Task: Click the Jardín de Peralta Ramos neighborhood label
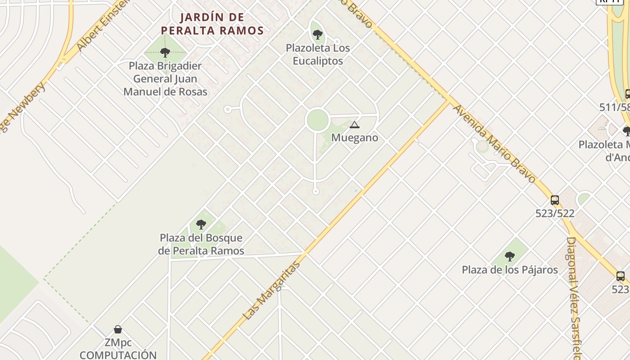click(212, 24)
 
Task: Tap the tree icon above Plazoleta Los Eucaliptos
click(317, 34)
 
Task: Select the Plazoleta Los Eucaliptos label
click(318, 54)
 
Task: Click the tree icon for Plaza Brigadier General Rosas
click(165, 52)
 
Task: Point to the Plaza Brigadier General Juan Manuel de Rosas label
click(165, 79)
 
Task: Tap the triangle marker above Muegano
click(355, 125)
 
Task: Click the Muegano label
click(355, 138)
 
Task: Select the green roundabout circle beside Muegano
click(317, 120)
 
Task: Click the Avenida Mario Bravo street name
click(494, 144)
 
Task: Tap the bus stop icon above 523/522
click(555, 200)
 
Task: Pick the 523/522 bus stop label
click(555, 213)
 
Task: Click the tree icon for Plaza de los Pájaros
click(509, 256)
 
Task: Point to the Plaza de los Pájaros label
click(510, 270)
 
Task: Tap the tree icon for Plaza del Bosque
click(201, 224)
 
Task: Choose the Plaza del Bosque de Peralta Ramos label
click(201, 244)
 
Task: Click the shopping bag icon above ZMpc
click(118, 329)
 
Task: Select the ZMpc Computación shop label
click(118, 349)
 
